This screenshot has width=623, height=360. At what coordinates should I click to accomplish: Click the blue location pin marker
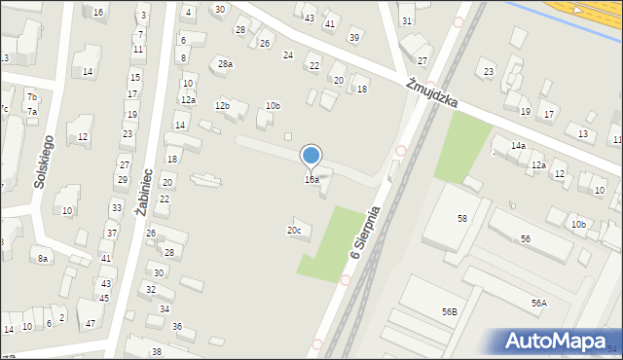pos(311,156)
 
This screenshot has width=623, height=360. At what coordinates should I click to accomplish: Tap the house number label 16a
pos(311,180)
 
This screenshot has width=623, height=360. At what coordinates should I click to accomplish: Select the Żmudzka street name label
pos(432,96)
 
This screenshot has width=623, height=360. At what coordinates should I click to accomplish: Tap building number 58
pos(462,219)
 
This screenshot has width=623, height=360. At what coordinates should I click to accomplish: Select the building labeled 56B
pos(449,312)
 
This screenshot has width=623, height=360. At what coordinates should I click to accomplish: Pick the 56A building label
pos(538,304)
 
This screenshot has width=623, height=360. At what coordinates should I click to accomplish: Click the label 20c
pos(293,231)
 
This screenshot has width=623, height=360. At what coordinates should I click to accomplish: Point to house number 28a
pos(225,64)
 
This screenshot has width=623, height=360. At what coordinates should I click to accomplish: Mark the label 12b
pos(223,105)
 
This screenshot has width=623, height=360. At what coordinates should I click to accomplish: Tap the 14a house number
pos(519,146)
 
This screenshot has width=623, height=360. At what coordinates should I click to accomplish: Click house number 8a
pos(43,258)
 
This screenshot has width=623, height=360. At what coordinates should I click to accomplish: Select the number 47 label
pos(91,323)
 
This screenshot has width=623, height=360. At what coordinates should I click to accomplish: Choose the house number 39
pos(354,38)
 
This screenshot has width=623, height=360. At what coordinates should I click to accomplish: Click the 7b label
pos(32,96)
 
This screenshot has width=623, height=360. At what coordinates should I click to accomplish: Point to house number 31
pos(407,20)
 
